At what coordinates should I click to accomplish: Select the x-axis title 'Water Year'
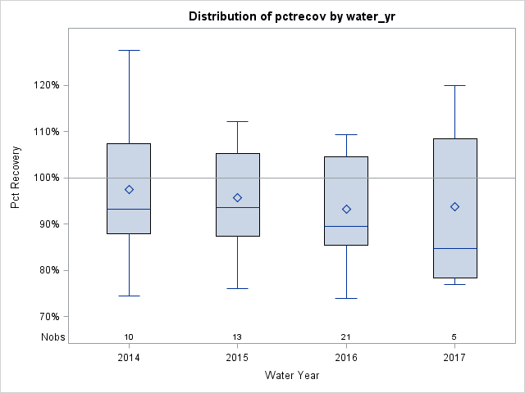click(x=291, y=376)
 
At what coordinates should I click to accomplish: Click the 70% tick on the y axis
click(x=48, y=317)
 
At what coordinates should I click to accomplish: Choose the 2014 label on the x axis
click(x=129, y=358)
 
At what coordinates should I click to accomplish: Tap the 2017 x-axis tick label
click(x=455, y=358)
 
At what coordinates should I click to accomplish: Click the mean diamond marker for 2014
click(x=129, y=189)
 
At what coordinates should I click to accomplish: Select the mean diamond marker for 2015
click(x=238, y=197)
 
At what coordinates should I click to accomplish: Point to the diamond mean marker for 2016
click(x=346, y=209)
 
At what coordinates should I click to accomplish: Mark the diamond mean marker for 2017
click(x=455, y=206)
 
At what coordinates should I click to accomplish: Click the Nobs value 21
click(x=346, y=337)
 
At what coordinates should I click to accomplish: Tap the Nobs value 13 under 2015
click(x=238, y=337)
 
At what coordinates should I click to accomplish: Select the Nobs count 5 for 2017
click(x=455, y=337)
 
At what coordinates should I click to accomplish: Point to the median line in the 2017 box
click(x=455, y=248)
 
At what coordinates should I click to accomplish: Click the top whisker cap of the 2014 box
click(x=129, y=50)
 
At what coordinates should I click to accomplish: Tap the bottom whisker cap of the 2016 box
click(x=346, y=298)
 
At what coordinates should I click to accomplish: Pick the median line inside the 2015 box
click(x=238, y=207)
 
